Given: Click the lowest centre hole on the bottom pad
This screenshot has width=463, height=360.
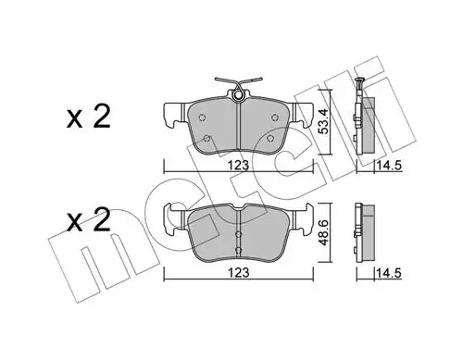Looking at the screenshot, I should click(239, 252).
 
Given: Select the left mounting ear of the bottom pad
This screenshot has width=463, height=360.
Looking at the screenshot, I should click(170, 218).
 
